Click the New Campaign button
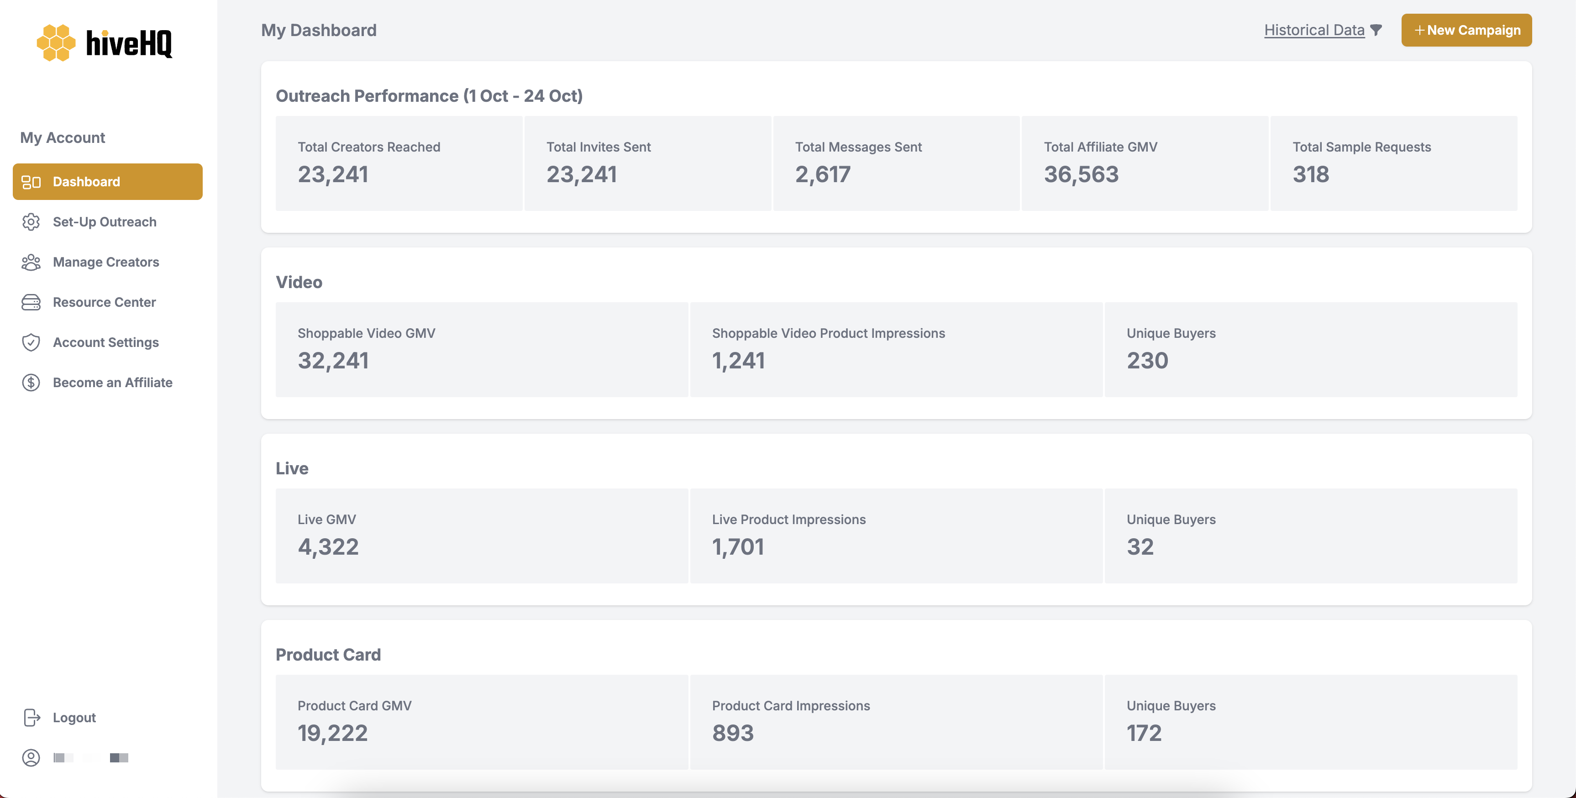[x=1466, y=30]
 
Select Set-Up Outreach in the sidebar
[x=104, y=221]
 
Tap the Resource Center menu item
[x=104, y=302]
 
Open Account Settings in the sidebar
[x=105, y=342]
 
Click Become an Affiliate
[x=113, y=383]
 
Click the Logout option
[x=74, y=717]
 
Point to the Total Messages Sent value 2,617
[x=822, y=174]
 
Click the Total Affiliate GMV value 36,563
[x=1081, y=174]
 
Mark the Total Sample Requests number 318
[x=1310, y=174]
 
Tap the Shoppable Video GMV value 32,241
[x=333, y=361]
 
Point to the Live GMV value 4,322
[x=328, y=546]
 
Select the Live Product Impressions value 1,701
[x=738, y=546]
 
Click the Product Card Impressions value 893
[x=732, y=733]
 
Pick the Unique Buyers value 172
[x=1144, y=733]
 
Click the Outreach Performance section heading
[x=429, y=96]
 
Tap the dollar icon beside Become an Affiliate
[x=31, y=383]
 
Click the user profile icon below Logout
[x=31, y=758]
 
